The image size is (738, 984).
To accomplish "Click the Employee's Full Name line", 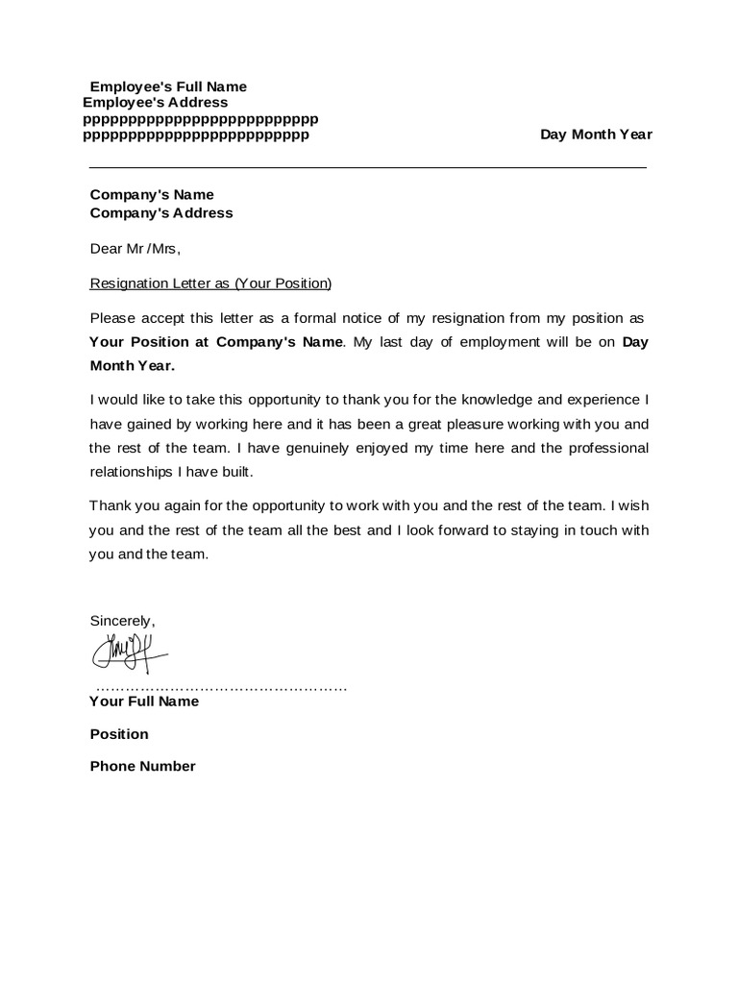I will [x=168, y=86].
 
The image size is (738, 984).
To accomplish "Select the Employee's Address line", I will [x=156, y=103].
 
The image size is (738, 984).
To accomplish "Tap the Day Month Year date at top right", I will [x=596, y=135].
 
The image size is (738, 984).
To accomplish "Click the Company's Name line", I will [x=152, y=195].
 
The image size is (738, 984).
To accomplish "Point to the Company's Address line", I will [x=161, y=213].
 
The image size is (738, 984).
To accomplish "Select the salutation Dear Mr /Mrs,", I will [x=135, y=249].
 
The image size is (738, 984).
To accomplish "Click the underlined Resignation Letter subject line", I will [x=210, y=283].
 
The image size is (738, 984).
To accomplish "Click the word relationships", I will [x=135, y=472].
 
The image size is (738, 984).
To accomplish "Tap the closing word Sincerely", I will [x=122, y=621].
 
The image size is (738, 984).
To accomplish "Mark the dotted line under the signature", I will [x=221, y=688].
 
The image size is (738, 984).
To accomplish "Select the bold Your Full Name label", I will [x=144, y=701].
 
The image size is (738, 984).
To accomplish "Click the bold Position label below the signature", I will [x=119, y=734].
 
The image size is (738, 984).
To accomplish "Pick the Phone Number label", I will [x=142, y=767].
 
